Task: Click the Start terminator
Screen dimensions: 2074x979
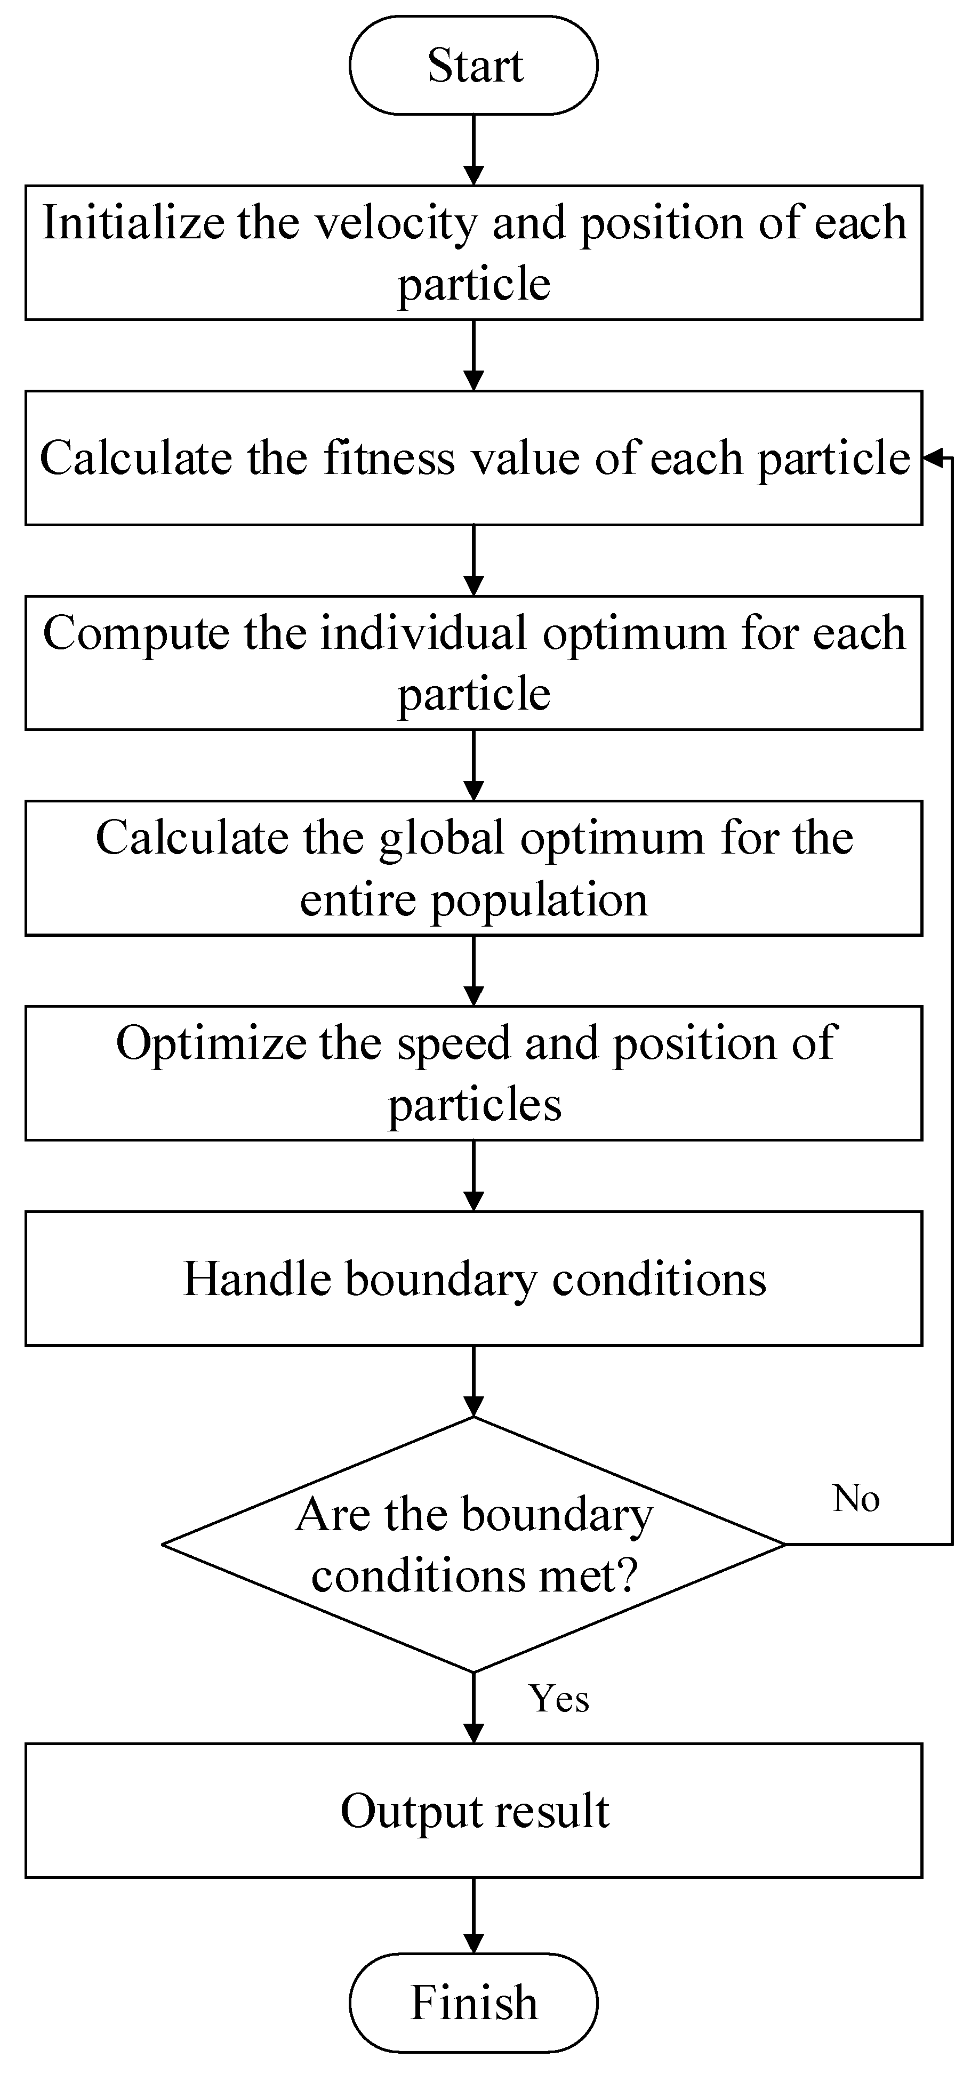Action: (474, 65)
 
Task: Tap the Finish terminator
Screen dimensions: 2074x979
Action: (474, 2003)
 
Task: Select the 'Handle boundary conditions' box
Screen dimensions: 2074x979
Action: (474, 1279)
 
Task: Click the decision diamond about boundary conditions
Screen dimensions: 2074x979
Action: (474, 1544)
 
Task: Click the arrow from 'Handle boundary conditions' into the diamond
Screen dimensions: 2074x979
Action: (474, 1381)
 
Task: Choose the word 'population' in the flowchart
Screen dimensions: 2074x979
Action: (540, 900)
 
